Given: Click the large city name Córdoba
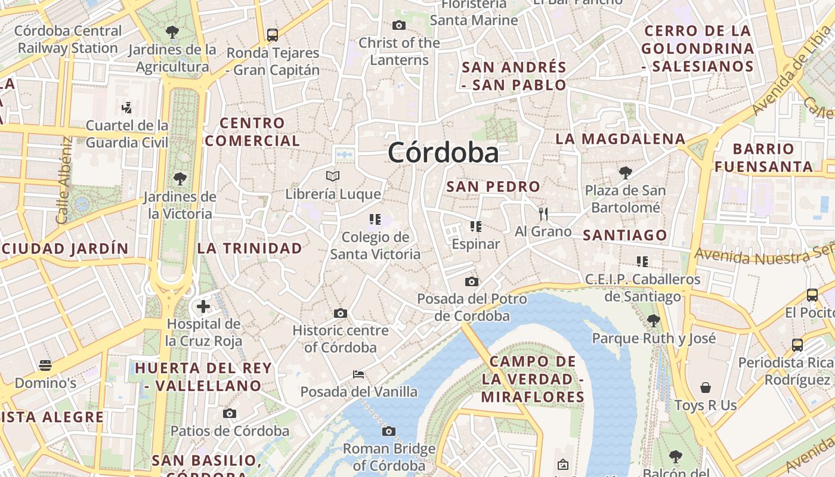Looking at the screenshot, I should click(443, 153).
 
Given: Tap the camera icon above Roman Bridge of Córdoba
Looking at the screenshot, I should click(389, 431).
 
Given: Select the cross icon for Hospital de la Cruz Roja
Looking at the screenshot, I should click(203, 306).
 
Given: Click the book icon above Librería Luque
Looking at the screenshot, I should click(333, 176).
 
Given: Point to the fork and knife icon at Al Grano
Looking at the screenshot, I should click(543, 213).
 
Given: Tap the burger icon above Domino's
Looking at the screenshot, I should click(45, 365).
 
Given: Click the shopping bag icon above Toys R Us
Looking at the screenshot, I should click(706, 388).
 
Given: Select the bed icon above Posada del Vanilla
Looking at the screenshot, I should click(358, 374).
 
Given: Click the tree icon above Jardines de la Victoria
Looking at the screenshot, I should click(180, 178).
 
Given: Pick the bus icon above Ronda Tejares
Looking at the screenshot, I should click(273, 35).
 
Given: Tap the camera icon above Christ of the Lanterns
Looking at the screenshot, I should click(399, 25).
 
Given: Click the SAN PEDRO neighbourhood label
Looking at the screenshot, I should click(493, 187).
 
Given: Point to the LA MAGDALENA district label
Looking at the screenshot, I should click(620, 139).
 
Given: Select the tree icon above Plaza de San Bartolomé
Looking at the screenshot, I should click(625, 173).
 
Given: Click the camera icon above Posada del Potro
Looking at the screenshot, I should click(472, 281).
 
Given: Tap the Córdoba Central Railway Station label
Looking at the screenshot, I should click(68, 39).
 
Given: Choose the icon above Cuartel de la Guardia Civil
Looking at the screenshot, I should click(126, 108).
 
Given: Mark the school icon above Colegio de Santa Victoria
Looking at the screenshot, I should click(375, 219).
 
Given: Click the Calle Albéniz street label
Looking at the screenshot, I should click(65, 181).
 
